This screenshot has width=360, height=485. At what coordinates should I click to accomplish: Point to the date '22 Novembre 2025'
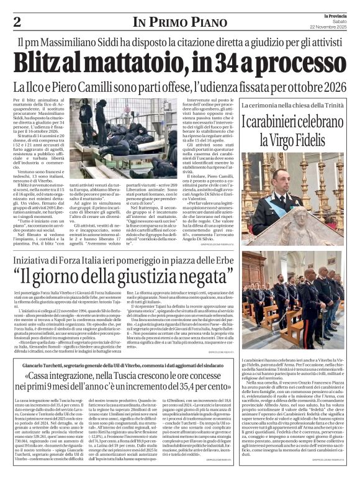click(331, 27)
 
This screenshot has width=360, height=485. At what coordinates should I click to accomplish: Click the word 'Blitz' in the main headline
click(48, 63)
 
